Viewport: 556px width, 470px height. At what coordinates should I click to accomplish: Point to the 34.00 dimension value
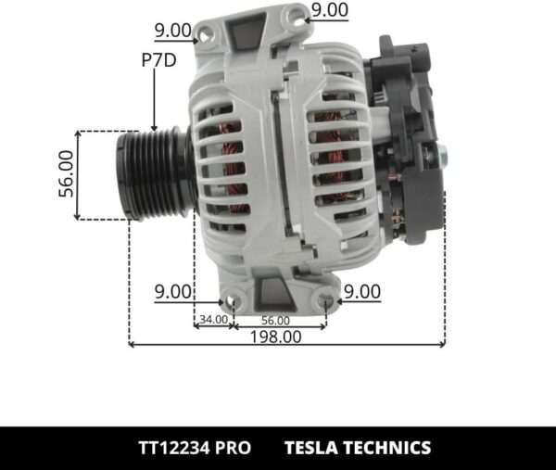click(x=213, y=320)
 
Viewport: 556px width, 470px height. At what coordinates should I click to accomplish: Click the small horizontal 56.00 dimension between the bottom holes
click(x=276, y=320)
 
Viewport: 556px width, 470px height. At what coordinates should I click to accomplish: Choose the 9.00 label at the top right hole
click(x=330, y=10)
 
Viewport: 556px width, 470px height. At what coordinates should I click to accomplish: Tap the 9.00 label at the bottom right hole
click(x=361, y=291)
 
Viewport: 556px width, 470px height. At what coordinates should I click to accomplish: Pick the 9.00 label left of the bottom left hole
click(x=173, y=291)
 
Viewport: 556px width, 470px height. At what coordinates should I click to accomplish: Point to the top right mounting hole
click(x=294, y=15)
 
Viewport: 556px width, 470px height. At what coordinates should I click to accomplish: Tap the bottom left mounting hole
click(x=233, y=303)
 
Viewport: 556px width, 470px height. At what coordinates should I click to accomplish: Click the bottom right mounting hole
click(x=326, y=301)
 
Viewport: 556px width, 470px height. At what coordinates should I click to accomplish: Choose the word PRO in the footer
click(x=234, y=448)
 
